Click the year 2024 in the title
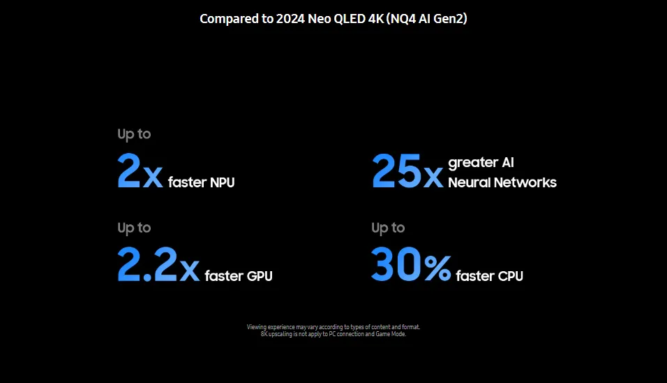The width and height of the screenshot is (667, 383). coord(290,19)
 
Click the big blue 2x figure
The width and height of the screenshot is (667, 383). coord(140,171)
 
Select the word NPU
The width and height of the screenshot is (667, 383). coord(222,182)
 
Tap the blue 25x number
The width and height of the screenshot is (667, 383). coord(407,171)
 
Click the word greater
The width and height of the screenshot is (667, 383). coord(472,163)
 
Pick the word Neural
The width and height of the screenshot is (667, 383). coord(469,182)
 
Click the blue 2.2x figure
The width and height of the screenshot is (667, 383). coord(158,265)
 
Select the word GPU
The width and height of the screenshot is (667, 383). coord(260,276)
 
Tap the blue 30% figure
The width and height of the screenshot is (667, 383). coord(411,265)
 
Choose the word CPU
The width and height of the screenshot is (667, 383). coord(511,276)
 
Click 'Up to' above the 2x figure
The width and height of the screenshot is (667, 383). coord(134,134)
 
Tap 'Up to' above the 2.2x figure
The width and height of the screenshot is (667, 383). coord(134,228)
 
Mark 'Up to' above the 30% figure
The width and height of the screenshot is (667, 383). coord(388,228)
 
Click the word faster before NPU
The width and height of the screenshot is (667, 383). coord(187,182)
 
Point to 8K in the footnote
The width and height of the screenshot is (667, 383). coord(264,334)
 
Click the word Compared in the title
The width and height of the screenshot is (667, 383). coord(230,19)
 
